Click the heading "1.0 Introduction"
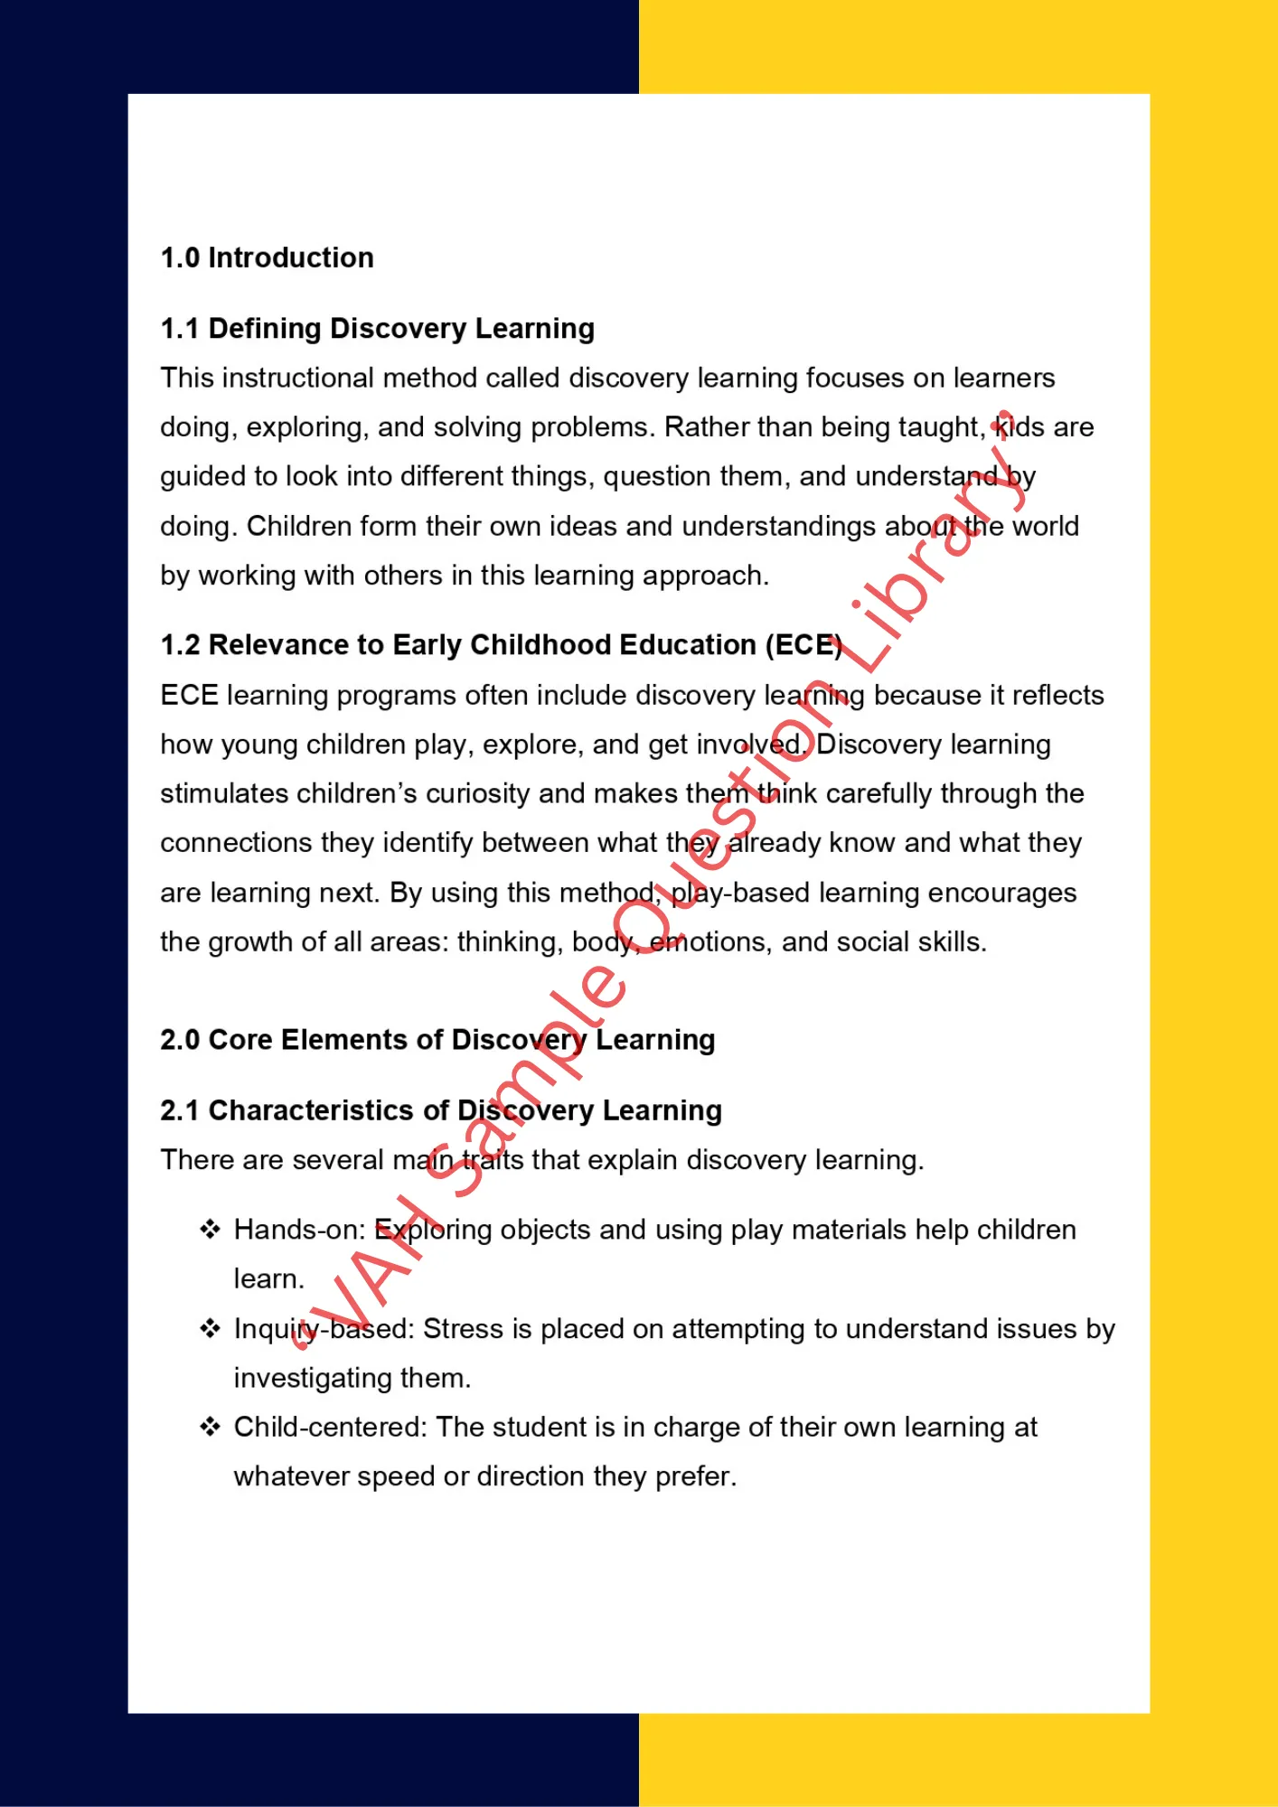(267, 258)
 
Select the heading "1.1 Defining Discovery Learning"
(377, 329)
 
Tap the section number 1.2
(180, 645)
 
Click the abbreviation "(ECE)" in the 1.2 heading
(803, 645)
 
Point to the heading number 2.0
(180, 1040)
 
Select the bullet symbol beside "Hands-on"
(211, 1230)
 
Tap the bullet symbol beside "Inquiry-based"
(211, 1328)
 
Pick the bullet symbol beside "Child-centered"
(211, 1427)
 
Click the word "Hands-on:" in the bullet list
(299, 1231)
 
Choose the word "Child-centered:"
(330, 1428)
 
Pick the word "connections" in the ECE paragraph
(236, 843)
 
